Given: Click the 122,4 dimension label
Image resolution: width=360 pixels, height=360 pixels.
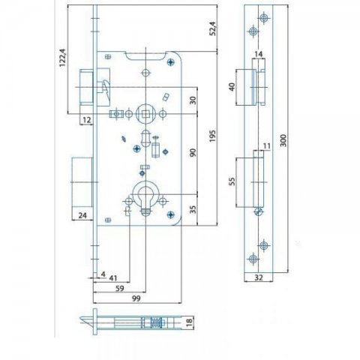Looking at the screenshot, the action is point(62,58).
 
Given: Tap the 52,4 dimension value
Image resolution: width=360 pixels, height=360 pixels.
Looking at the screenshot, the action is point(212,28).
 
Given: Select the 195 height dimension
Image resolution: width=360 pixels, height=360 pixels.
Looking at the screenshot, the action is point(212,136).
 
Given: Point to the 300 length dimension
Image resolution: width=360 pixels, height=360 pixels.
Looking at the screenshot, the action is point(283,140).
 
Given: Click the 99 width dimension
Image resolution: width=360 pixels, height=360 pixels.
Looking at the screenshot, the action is point(136,298).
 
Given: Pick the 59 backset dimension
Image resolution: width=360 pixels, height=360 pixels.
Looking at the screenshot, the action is point(120,288).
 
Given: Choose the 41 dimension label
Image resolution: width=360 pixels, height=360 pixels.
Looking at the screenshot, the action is point(112,278).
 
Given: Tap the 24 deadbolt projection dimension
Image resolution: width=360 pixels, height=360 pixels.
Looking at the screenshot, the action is point(82,215).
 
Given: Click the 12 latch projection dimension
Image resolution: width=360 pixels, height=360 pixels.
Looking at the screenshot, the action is point(86,120).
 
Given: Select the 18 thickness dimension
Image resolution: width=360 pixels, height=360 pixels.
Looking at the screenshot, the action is point(190,322).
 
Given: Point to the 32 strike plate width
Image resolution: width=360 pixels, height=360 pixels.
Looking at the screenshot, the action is point(259,277).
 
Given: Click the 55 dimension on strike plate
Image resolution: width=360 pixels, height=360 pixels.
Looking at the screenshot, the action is point(232,181).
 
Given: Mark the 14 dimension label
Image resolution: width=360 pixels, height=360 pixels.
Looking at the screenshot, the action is point(259,54).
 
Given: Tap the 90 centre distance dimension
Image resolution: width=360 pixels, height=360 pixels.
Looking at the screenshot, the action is point(193,152).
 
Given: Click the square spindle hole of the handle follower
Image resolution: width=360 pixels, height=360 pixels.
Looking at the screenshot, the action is point(145,114).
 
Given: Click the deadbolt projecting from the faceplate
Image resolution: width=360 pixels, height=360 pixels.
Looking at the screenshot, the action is point(82,182).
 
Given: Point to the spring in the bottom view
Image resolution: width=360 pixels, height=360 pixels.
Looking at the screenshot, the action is point(157,322).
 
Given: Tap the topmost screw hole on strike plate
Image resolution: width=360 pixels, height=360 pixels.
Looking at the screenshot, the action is point(264,18).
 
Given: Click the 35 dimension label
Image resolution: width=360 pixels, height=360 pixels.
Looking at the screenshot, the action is point(193,210).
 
